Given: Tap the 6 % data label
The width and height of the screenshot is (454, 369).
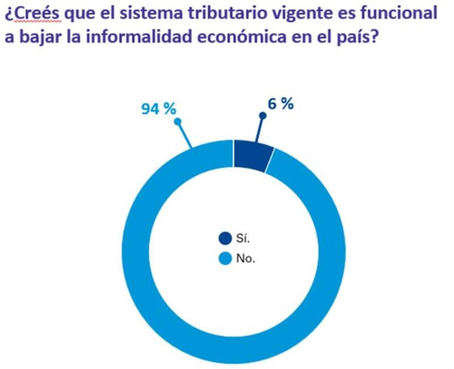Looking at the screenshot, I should click(280, 104).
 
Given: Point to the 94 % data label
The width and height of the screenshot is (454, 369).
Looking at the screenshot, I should click(158, 109).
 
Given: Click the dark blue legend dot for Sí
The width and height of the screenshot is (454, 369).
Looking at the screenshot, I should click(225, 239).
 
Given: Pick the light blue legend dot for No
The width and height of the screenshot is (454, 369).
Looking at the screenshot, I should click(225, 259).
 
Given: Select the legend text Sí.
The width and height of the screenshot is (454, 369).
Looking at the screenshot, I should click(243, 240).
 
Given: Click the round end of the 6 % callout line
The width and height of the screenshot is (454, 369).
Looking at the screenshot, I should click(262, 115).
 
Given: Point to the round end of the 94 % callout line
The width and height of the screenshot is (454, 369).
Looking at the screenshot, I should click(178, 121).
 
